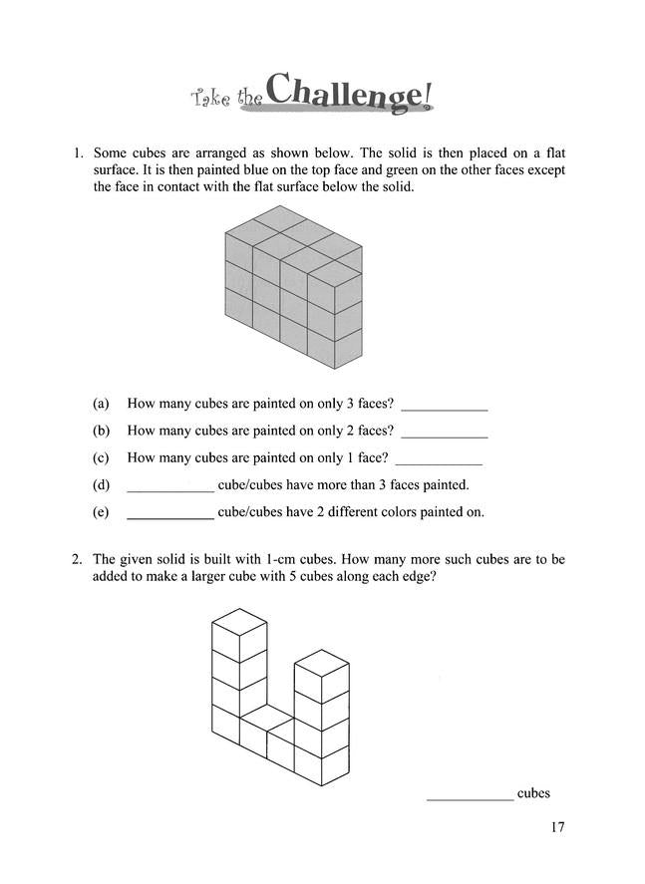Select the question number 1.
76,153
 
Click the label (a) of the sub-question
100,405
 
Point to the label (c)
100,458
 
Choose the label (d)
100,485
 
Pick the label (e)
100,512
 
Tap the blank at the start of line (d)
170,488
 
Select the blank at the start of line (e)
170,515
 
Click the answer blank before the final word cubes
470,796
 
